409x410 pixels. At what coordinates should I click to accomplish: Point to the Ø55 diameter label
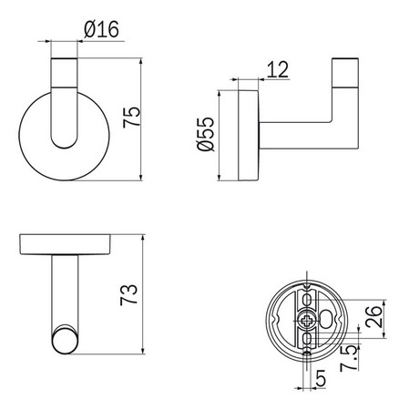[207, 136]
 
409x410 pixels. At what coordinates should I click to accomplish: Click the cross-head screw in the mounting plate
[310, 321]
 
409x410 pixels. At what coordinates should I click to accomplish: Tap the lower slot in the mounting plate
[310, 343]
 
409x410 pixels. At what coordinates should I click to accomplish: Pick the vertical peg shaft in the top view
[65, 292]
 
